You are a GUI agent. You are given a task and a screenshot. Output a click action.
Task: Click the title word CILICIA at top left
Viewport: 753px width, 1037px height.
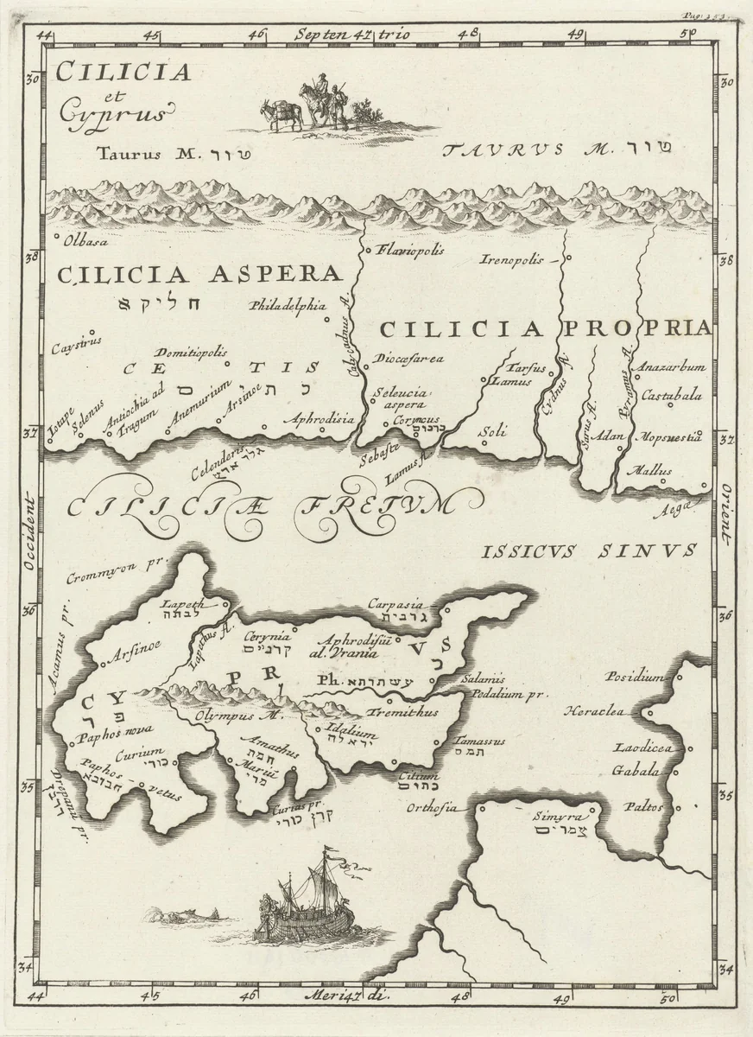coord(123,73)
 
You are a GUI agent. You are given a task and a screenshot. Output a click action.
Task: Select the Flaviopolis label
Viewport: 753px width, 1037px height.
coord(411,251)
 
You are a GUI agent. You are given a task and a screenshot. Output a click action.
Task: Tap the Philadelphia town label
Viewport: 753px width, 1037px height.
coord(288,305)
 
